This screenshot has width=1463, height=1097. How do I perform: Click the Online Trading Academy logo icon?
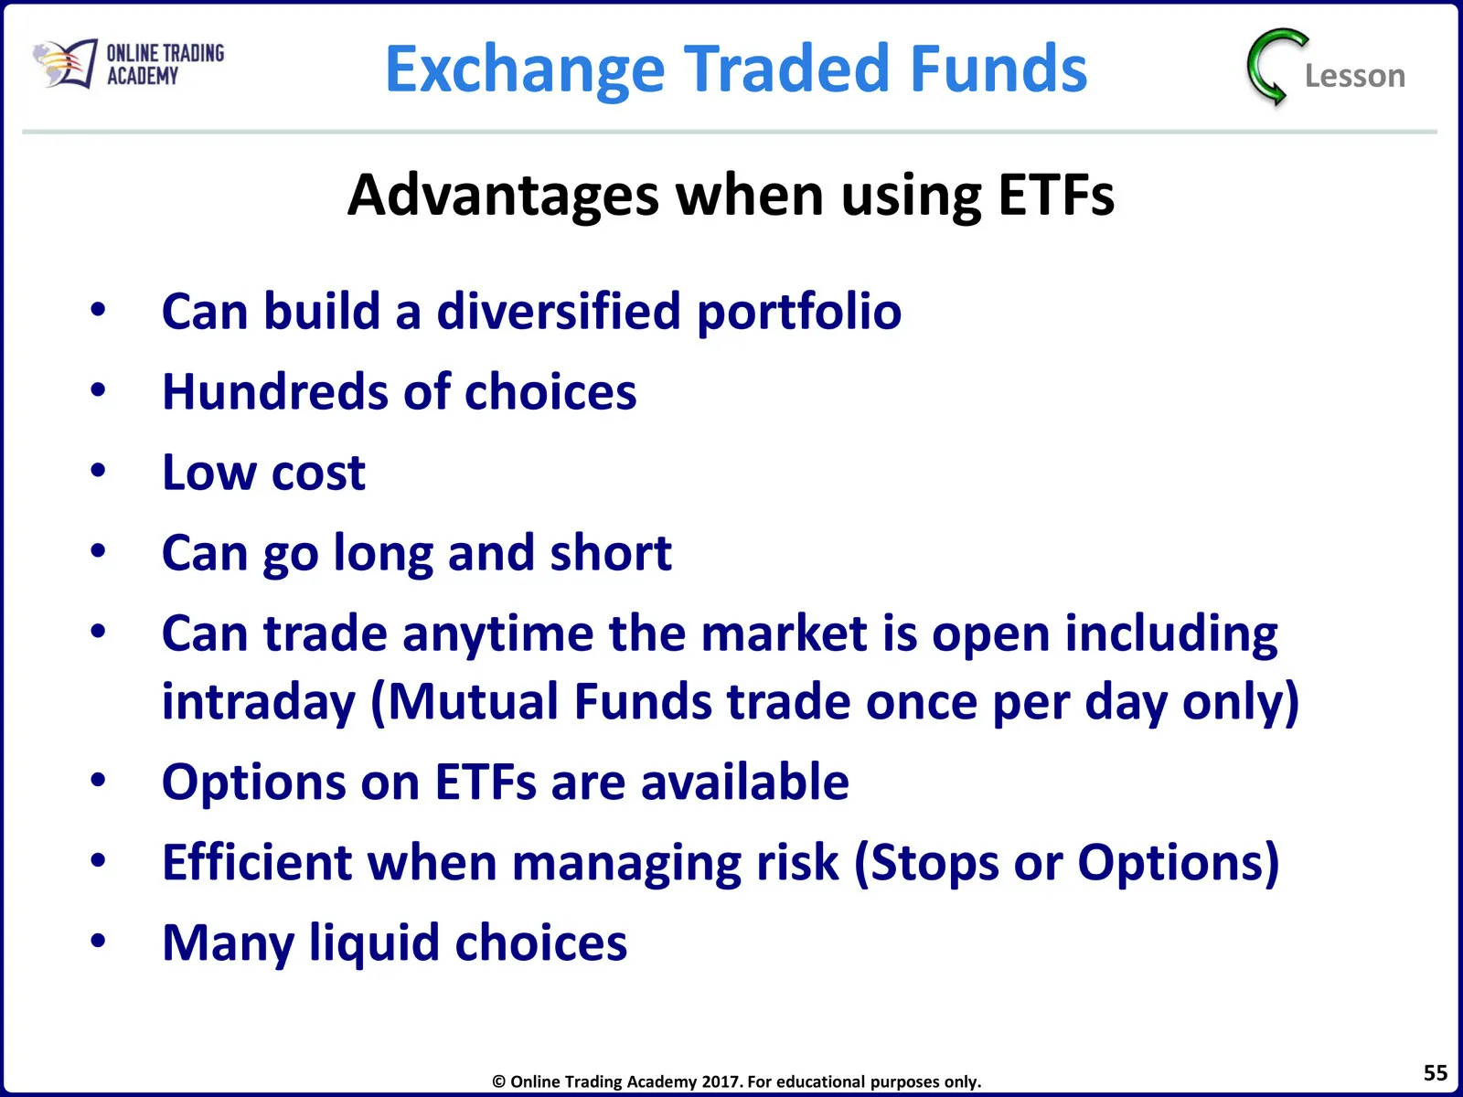[65, 63]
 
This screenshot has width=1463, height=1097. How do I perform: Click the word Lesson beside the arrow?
[1355, 76]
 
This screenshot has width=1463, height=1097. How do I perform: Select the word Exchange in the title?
[525, 69]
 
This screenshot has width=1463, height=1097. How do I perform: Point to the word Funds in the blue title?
[998, 68]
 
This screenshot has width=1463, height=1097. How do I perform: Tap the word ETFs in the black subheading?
[1056, 195]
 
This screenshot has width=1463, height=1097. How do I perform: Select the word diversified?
[559, 311]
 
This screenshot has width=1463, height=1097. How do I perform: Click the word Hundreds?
[274, 391]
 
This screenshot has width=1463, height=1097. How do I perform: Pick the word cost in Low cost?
[318, 474]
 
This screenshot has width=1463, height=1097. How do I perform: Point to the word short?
[611, 552]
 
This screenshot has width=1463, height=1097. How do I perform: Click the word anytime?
[498, 635]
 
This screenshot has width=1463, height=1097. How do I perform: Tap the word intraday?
[260, 703]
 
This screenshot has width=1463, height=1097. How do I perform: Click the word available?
[745, 782]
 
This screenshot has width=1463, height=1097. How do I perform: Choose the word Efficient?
[257, 862]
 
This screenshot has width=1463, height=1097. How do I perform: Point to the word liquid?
[375, 943]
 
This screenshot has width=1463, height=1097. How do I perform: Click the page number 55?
[1435, 1073]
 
